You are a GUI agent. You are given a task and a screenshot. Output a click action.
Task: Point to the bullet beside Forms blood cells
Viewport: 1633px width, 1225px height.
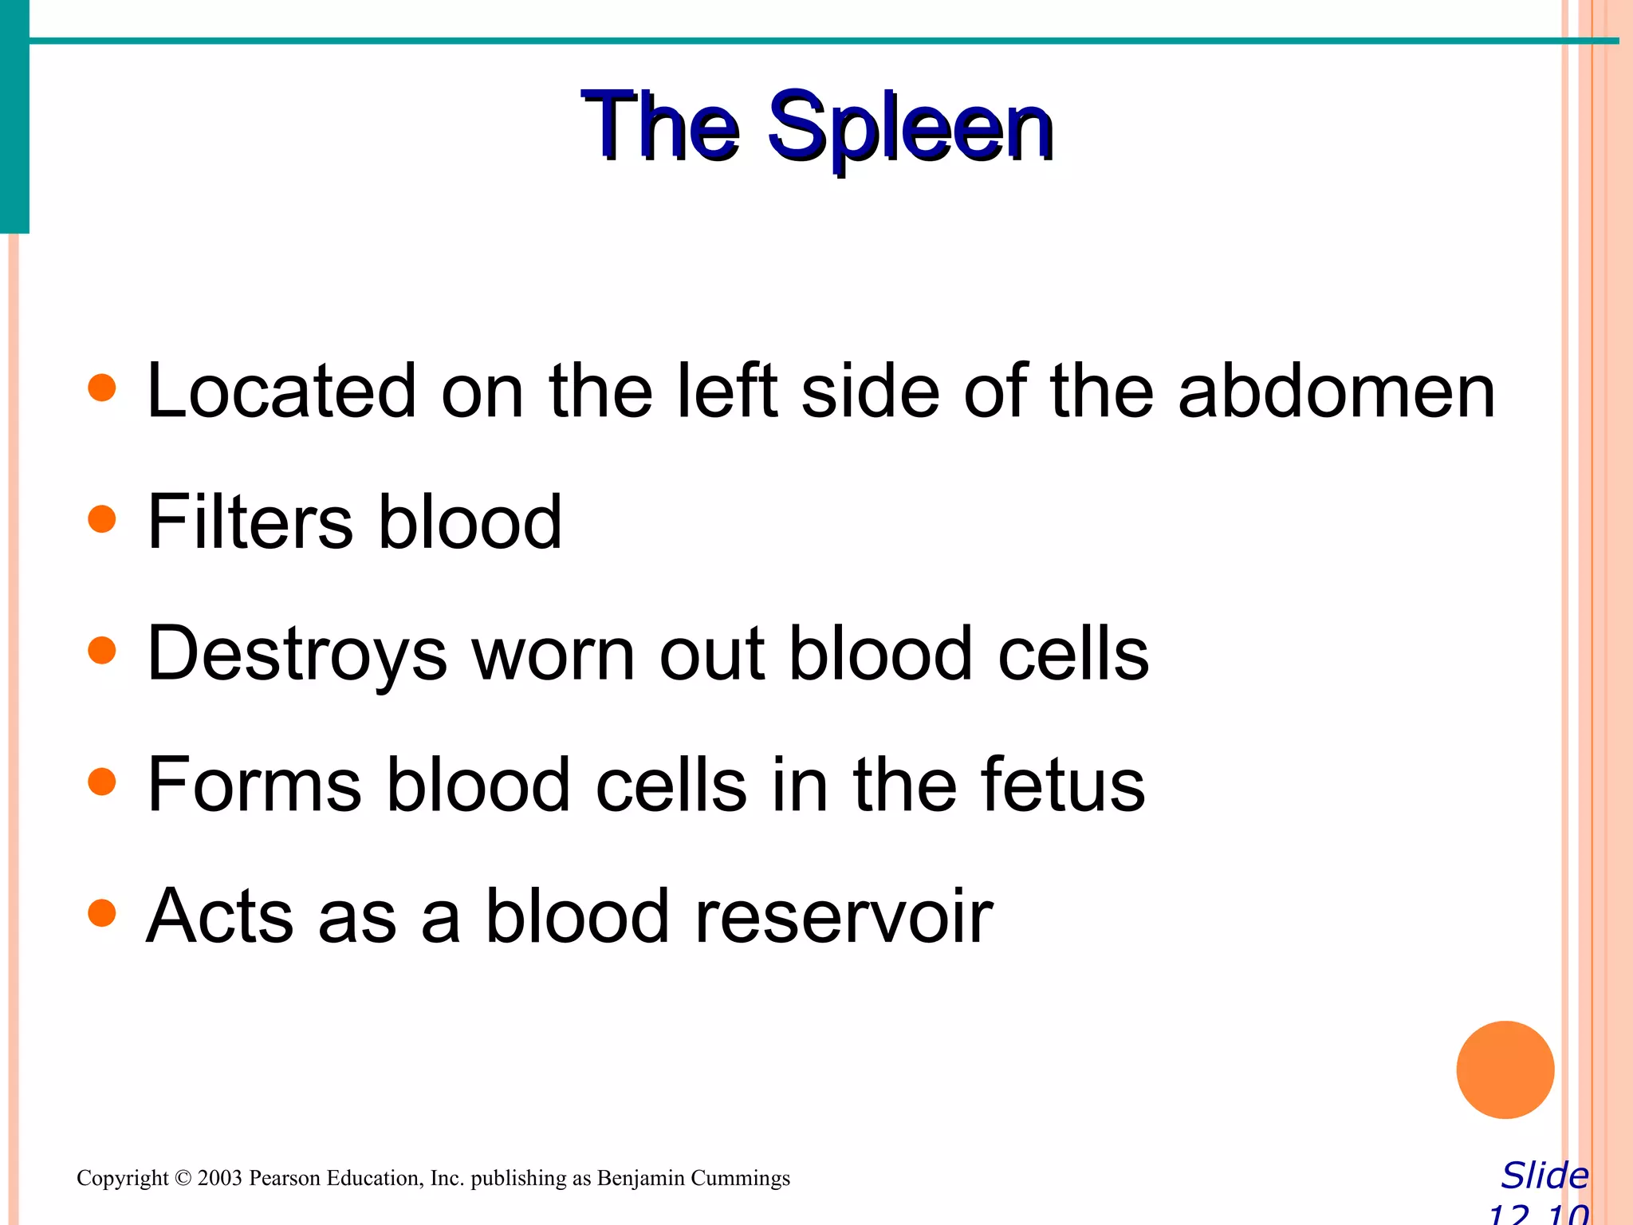click(x=102, y=782)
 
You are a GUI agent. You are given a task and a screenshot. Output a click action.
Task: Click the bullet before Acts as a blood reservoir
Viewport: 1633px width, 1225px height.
click(x=102, y=912)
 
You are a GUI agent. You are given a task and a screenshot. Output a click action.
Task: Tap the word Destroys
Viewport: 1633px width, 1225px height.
click(x=297, y=654)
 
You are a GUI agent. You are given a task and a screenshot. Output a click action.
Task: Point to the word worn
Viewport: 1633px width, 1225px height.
click(x=554, y=654)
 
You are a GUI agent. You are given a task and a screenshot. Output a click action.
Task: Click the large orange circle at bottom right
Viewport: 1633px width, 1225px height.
click(x=1505, y=1069)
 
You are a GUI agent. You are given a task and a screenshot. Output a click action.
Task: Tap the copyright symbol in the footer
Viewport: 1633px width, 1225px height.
click(x=183, y=1178)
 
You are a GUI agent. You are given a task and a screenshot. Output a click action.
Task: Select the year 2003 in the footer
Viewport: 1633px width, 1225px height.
click(x=219, y=1178)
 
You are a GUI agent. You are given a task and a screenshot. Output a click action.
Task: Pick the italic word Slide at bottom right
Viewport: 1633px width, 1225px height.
click(x=1544, y=1176)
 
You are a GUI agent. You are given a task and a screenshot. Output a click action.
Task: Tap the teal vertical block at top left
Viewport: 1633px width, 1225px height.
click(x=14, y=116)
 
